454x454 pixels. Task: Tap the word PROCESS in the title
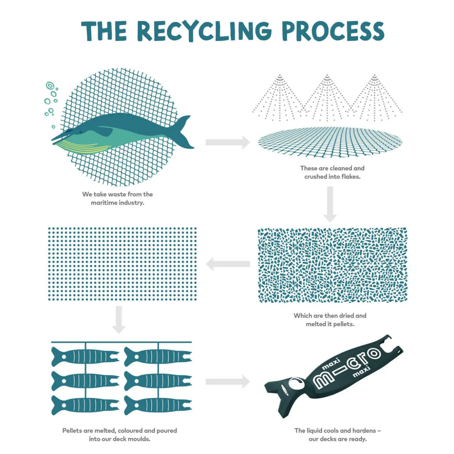(333, 31)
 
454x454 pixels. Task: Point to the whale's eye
(80, 132)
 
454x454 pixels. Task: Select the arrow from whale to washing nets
(228, 142)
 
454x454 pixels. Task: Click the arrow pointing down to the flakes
(330, 204)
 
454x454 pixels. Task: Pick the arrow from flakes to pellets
(228, 264)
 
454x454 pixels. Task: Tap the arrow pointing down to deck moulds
(119, 320)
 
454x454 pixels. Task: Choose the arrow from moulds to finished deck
(228, 382)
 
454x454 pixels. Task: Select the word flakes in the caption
(351, 177)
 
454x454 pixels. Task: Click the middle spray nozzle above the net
(327, 77)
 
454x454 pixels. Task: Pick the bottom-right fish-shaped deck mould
(158, 405)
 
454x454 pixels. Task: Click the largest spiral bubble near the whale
(49, 86)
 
